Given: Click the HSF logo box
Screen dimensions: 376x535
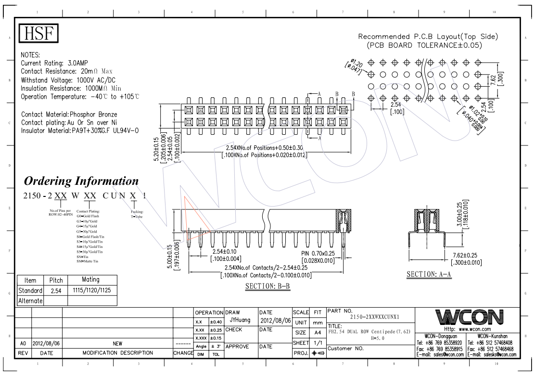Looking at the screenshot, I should click(38, 33).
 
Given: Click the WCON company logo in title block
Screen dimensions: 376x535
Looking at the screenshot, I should click(469, 317).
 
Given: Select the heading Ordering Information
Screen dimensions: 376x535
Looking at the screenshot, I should click(81, 181).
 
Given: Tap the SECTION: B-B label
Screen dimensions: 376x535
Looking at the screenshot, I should click(268, 286).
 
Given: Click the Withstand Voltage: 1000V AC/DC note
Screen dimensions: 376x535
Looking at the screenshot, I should click(68, 80).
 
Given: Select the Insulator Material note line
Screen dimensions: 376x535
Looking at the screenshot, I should click(80, 131).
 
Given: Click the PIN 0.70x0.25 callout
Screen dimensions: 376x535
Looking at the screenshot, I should click(318, 253).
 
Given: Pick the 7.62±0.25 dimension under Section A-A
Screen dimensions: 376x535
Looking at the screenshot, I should click(466, 255).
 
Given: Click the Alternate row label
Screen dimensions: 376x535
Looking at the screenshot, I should click(30, 300).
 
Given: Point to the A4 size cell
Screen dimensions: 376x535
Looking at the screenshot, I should click(318, 333).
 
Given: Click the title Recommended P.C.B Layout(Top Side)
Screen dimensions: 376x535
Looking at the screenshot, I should click(428, 37).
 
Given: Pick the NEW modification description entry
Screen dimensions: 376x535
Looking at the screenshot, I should click(117, 344).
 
